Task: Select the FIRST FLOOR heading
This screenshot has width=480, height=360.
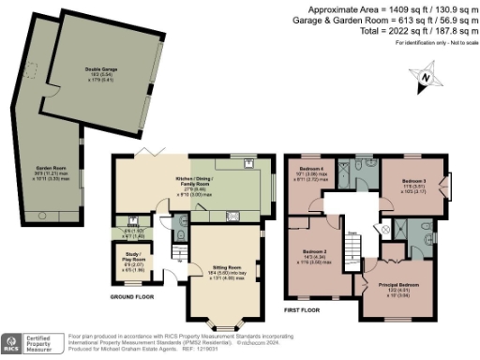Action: point(302,308)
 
